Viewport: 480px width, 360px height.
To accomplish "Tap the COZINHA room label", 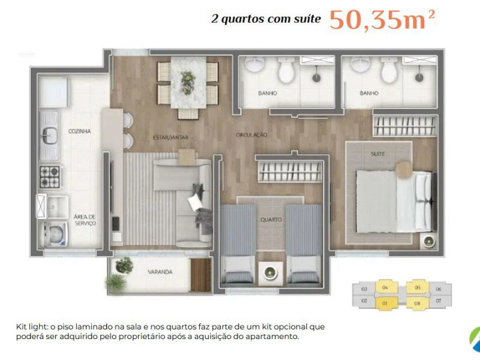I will pos(79,131).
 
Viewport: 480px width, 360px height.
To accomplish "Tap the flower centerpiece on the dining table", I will pos(188,79).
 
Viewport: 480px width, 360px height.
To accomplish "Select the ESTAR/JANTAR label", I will pos(171,137).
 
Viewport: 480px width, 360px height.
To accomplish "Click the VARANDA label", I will pos(160,272).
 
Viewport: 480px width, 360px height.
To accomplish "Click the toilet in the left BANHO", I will pos(285,72).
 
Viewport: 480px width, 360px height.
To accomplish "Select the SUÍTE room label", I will pos(377,154).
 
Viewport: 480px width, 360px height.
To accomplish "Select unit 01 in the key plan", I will pos(385,302).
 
